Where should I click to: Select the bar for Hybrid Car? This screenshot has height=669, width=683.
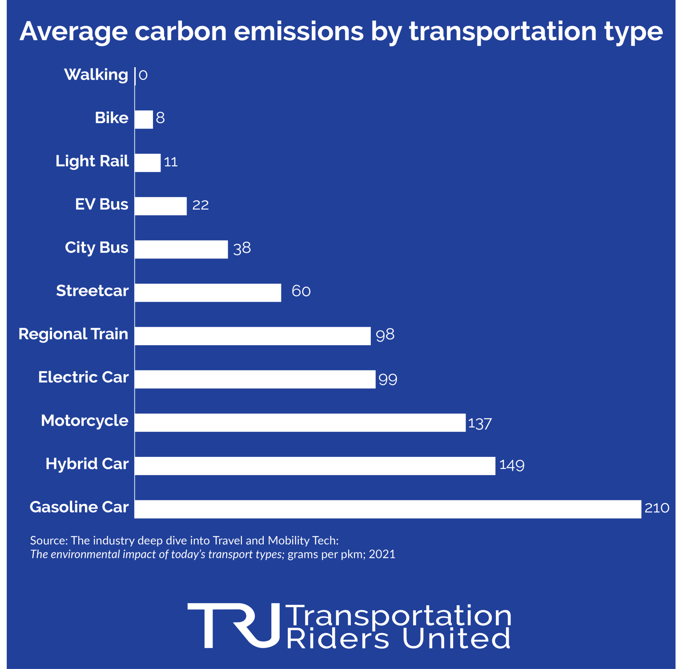coord(315,466)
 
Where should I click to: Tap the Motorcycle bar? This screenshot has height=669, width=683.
coord(300,423)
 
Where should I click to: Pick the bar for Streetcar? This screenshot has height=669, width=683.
coord(208,293)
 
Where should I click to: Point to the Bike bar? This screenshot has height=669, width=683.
coord(144,119)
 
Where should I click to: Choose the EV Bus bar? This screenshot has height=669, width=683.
coord(161,206)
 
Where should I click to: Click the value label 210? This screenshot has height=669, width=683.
coord(657,508)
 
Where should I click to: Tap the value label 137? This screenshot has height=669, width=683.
coord(480,423)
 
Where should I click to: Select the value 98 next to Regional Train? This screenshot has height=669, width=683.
coord(385,334)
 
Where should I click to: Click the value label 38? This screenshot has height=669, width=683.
coord(242,248)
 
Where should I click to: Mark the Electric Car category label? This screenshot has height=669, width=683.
coord(83,377)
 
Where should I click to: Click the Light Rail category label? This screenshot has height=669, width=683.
coord(92,161)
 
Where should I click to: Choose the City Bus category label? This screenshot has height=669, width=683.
coord(96,247)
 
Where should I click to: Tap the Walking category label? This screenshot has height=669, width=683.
coord(96,74)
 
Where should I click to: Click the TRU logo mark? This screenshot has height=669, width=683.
coord(234,625)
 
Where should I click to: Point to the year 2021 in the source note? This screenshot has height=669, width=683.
coord(382,554)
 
